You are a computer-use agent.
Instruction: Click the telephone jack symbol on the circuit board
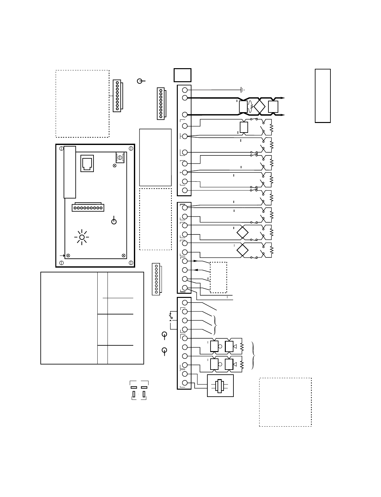coord(87,163)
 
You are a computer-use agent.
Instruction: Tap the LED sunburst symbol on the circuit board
coord(82,237)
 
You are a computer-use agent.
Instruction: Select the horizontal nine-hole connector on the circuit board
coord(88,207)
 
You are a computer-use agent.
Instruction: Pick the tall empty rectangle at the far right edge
coord(322,96)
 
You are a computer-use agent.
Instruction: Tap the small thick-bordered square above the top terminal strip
coord(182,75)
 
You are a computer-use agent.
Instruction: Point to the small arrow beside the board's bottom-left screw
coord(62,256)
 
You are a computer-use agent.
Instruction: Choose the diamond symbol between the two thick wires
coord(260,106)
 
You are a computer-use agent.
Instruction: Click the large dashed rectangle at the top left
coord(82,104)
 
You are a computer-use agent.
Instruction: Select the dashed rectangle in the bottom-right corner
coord(285,402)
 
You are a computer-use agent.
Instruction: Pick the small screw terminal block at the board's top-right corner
coord(120,157)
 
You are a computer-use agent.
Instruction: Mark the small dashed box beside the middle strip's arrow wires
coord(218,277)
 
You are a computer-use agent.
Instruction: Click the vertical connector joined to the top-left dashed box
coord(117,96)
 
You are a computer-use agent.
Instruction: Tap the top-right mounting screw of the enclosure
coord(131,148)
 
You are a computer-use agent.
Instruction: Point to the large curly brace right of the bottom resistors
coord(253,356)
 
